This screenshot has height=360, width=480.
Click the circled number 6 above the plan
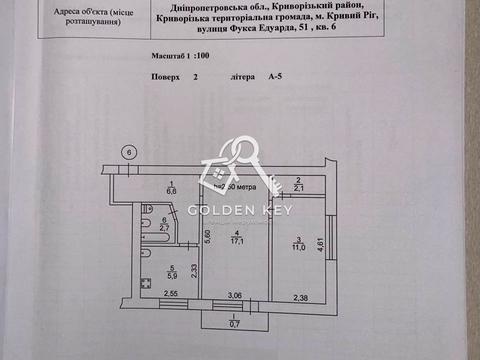tap(127, 151)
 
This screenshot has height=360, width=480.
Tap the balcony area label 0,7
tap(234, 325)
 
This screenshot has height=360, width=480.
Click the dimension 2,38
tap(302, 296)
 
